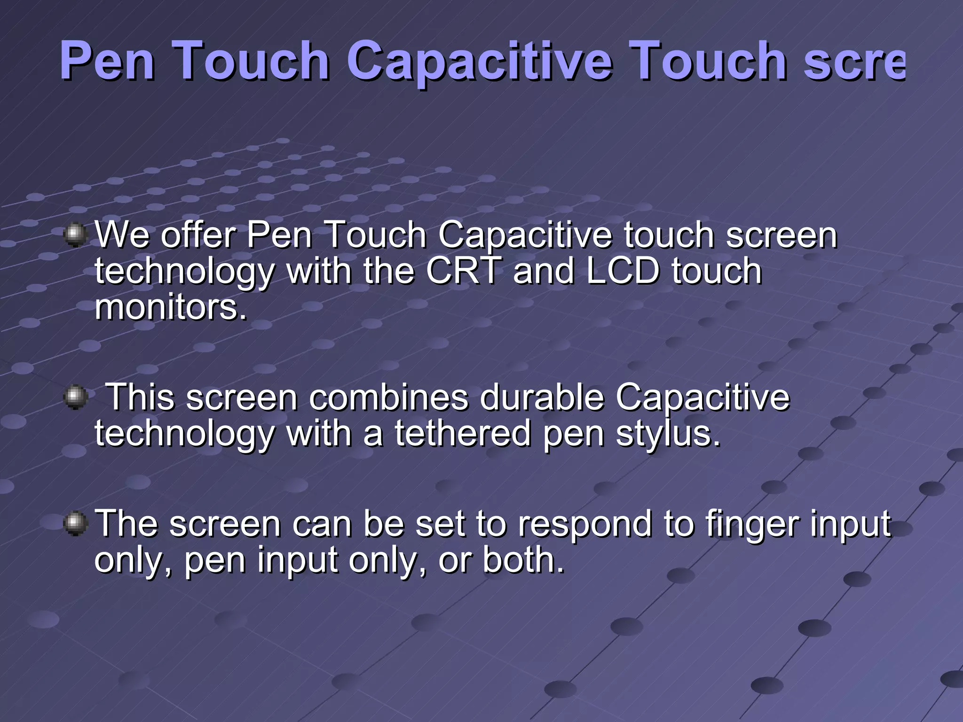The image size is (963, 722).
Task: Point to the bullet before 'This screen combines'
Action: tap(75, 397)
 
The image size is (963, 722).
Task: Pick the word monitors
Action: tap(170, 307)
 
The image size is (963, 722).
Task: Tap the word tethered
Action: tap(463, 433)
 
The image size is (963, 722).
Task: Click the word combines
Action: tap(389, 397)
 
